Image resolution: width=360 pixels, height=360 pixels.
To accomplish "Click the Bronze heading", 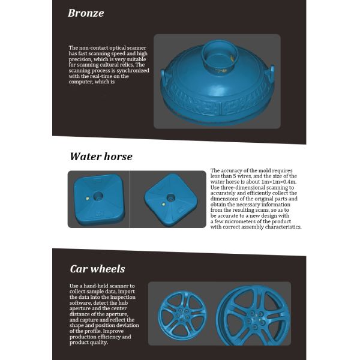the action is pyautogui.click(x=86, y=13).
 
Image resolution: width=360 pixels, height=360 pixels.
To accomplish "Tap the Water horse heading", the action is pyautogui.click(x=101, y=157).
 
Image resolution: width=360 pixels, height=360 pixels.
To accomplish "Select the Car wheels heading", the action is pyautogui.click(x=97, y=269).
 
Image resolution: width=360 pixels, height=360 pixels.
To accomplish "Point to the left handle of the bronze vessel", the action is pyautogui.click(x=163, y=75).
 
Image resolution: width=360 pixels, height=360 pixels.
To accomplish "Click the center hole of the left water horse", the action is pyautogui.click(x=98, y=196).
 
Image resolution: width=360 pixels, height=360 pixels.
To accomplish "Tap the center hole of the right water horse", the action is pyautogui.click(x=170, y=197).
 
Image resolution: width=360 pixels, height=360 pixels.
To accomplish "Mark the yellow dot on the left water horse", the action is pyautogui.click(x=87, y=199).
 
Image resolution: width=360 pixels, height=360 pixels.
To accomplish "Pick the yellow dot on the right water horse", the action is pyautogui.click(x=163, y=204).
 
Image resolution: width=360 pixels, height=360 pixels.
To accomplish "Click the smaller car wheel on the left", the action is pyautogui.click(x=182, y=316).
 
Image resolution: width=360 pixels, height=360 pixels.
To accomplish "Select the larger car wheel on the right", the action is pyautogui.click(x=253, y=316).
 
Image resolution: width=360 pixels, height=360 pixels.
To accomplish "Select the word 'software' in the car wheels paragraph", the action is pyautogui.click(x=80, y=303).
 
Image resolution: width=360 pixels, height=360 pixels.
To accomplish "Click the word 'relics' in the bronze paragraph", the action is pyautogui.click(x=127, y=65).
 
